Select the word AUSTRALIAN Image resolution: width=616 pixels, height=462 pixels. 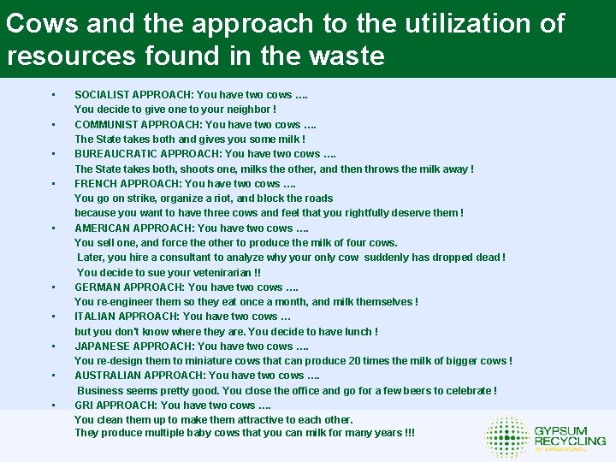[108, 376]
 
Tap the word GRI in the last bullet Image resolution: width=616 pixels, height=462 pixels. [84, 406]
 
